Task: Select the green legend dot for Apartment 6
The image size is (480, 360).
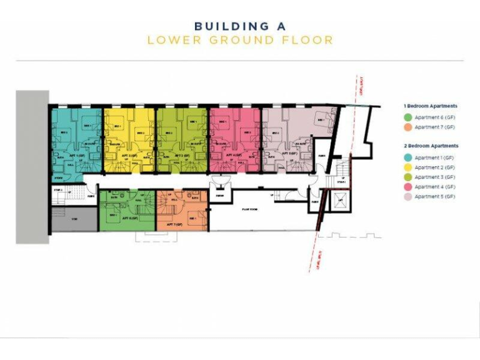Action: pos(408,117)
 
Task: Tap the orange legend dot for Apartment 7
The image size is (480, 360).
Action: pos(408,127)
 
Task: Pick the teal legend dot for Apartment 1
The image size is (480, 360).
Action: pos(408,157)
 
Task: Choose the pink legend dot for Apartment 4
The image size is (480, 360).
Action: pos(408,186)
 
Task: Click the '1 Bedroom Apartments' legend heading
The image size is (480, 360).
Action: pos(431,106)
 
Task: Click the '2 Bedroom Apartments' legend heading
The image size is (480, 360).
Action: pos(431,146)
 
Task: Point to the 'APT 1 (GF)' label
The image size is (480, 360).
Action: pos(76,154)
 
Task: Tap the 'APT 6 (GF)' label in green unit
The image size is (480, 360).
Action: pos(130,218)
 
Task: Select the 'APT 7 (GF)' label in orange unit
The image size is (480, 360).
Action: pos(174,223)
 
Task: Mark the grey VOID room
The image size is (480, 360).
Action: pos(74,220)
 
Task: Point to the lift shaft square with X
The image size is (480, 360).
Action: pos(339,202)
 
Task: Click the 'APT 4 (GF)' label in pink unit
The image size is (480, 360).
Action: pos(237,154)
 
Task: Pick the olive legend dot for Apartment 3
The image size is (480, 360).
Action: pos(408,177)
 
